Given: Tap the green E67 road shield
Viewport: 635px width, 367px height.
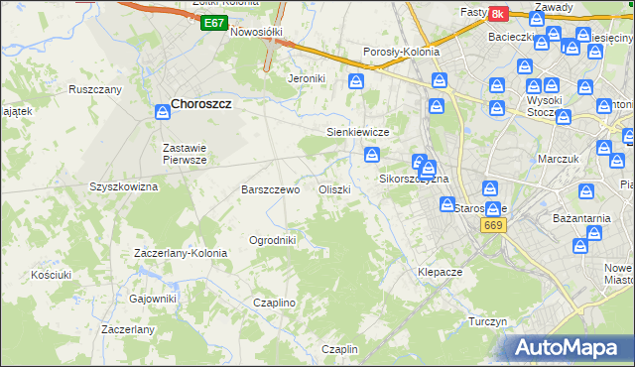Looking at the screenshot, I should [212, 23].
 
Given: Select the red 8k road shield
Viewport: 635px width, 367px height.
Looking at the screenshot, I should [497, 14].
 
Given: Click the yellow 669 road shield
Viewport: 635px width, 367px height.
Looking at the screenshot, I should [493, 227].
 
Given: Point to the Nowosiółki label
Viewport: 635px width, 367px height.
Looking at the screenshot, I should [257, 32].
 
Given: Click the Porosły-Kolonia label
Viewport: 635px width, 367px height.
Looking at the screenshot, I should [401, 52].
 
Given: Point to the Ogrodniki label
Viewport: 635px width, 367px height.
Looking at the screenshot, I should [273, 240].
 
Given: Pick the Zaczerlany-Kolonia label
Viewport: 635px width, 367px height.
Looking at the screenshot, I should [181, 253].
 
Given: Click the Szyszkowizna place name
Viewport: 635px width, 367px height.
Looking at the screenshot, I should [124, 186].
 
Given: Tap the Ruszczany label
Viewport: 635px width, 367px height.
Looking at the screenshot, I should [95, 89].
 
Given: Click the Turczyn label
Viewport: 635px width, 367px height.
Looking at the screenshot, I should [488, 322].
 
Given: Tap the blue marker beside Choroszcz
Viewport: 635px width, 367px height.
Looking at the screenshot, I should [161, 113].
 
